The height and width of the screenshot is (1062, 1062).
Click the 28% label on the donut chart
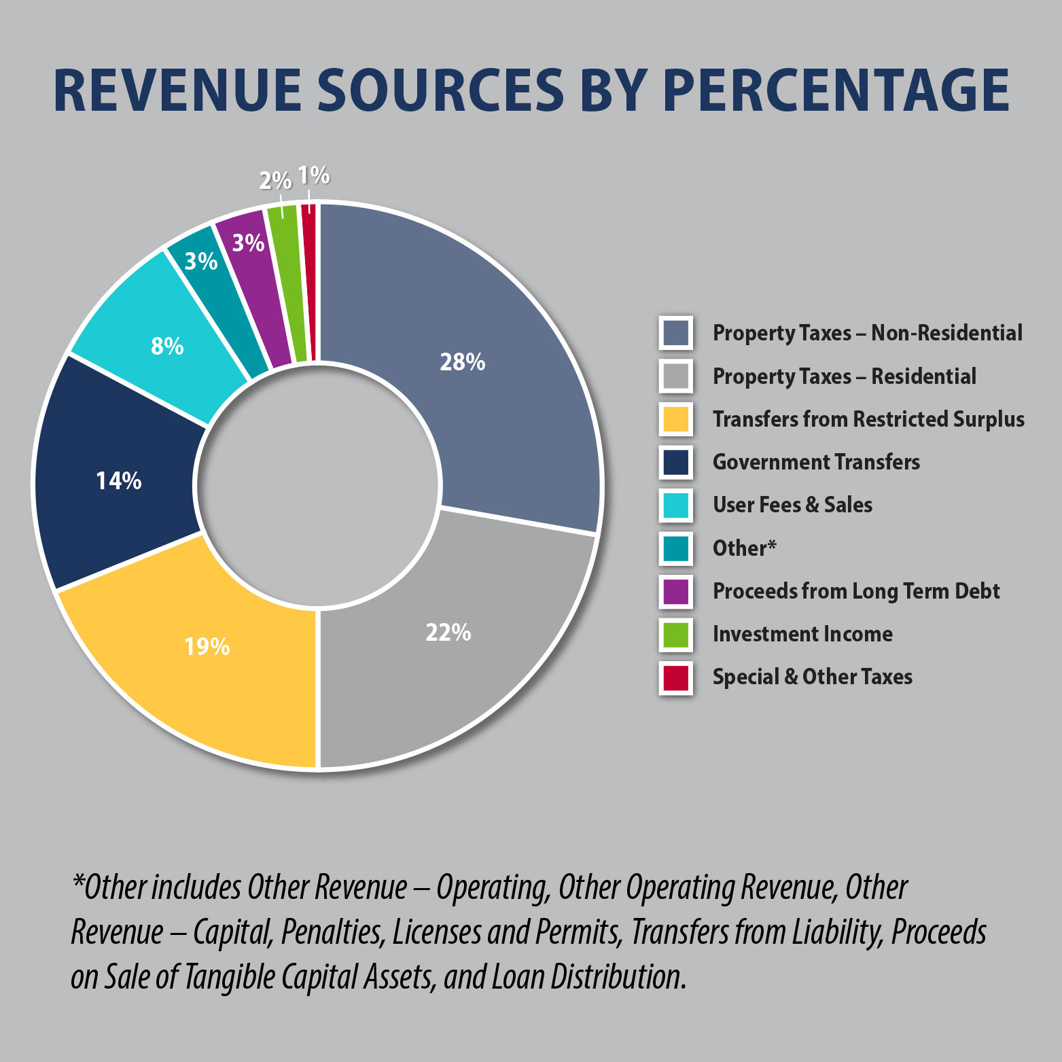(462, 362)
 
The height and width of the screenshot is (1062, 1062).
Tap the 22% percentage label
(448, 633)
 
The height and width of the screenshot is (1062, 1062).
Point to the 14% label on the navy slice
(118, 481)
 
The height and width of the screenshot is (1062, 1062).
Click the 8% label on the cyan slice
(167, 347)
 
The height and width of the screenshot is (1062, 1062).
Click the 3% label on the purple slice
(248, 243)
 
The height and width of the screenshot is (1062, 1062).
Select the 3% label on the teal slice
(201, 261)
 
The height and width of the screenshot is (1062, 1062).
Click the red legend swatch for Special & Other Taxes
(675, 677)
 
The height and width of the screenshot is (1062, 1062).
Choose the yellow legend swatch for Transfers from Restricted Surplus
(675, 419)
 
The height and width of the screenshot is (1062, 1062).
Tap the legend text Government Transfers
(815, 462)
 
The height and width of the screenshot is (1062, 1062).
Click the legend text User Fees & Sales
(792, 505)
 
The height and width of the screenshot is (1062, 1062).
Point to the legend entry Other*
(744, 548)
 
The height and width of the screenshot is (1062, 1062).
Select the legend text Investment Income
(802, 634)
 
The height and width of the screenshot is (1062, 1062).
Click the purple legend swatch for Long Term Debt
(675, 591)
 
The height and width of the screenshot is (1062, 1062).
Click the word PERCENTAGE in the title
(836, 90)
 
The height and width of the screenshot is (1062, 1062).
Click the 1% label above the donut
(313, 176)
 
